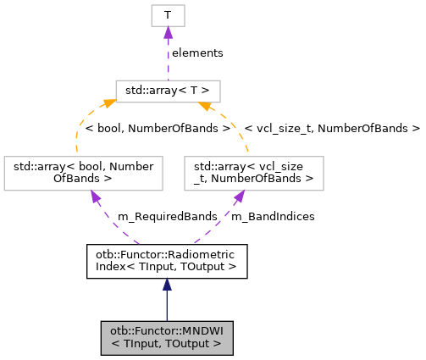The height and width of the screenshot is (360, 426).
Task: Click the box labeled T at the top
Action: [168, 15]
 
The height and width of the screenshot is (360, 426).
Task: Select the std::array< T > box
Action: [168, 91]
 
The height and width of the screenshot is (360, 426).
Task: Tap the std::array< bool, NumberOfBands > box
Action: [83, 172]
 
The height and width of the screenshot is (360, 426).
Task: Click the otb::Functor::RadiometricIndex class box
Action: [166, 260]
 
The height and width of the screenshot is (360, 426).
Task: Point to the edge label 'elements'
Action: [197, 53]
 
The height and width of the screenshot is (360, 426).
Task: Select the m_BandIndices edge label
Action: [272, 216]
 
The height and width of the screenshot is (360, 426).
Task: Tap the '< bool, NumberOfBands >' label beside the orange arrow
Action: [158, 130]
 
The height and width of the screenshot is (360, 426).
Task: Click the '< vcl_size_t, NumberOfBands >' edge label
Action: [331, 130]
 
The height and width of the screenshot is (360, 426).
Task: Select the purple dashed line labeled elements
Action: [168, 59]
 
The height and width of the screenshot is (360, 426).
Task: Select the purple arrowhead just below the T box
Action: [168, 32]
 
